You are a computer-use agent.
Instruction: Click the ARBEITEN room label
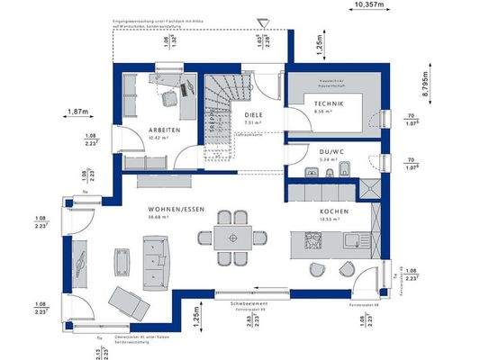165,130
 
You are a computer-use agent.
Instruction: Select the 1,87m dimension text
79,112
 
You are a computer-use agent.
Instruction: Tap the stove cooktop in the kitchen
314,240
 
